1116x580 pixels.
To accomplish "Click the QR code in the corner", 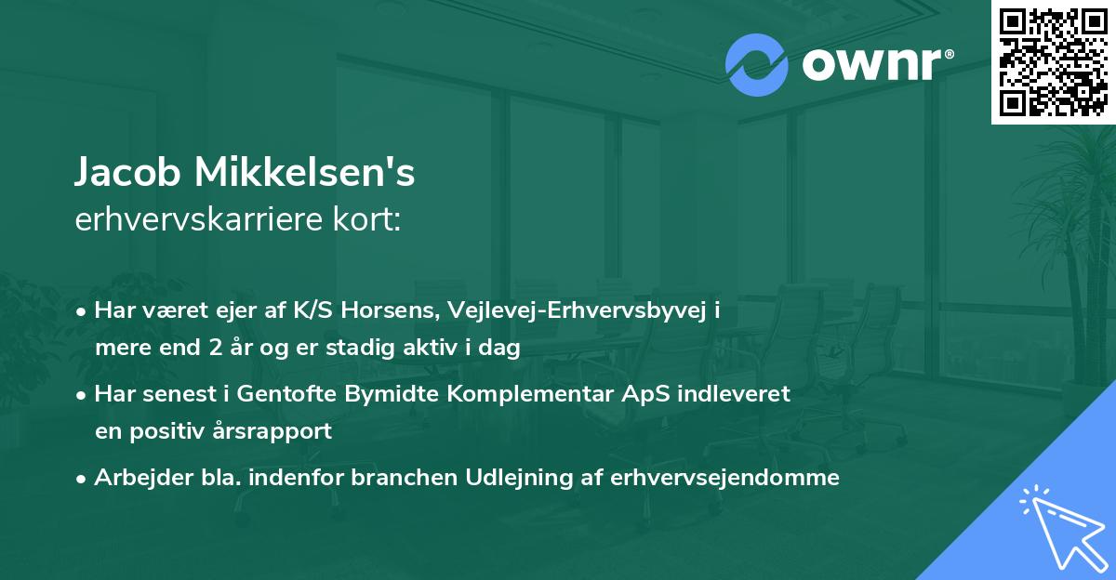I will (x=1053, y=61).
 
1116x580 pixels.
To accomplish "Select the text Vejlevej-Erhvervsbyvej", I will (x=566, y=310).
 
